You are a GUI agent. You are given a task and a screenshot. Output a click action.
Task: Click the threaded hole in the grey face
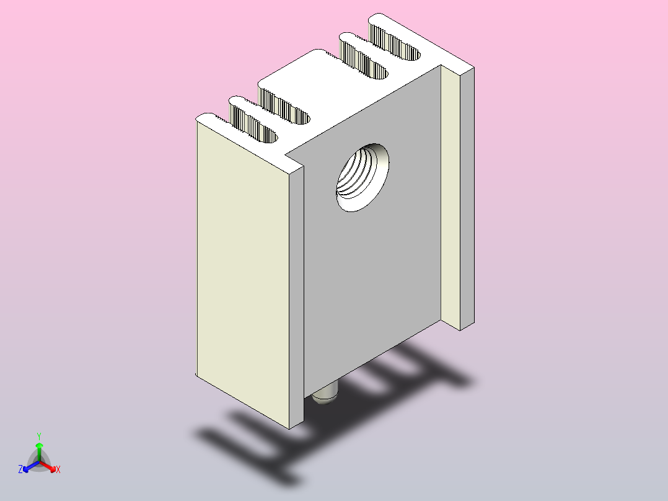tap(363, 177)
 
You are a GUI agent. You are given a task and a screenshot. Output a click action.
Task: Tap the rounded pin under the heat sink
tap(324, 396)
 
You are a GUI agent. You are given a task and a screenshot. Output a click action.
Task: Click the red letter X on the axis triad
tap(58, 470)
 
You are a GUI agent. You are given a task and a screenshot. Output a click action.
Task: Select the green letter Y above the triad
tap(39, 436)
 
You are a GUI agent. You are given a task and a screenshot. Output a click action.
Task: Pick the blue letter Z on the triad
tap(20, 469)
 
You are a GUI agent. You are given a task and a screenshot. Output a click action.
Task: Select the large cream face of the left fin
tap(242, 273)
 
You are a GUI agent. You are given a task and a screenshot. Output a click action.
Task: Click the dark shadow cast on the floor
tap(260, 446)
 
